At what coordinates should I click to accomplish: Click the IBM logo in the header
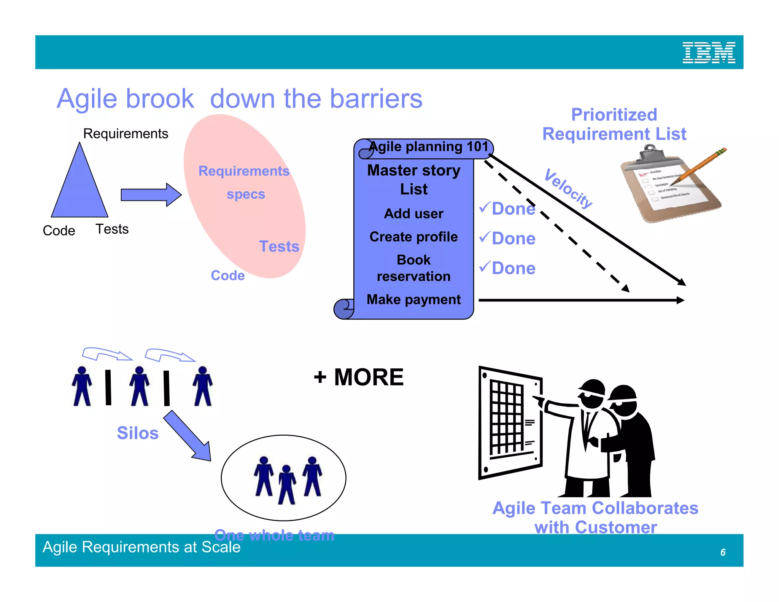point(709,53)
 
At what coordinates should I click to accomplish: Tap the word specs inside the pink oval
point(246,194)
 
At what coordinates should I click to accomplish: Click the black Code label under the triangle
point(59,231)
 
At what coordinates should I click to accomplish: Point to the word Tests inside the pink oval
point(279,246)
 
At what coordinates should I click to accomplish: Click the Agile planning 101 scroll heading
point(428,147)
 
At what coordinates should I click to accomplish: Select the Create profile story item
point(413,237)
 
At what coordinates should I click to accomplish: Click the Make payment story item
point(413,299)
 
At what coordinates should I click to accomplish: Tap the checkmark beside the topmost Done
point(485,207)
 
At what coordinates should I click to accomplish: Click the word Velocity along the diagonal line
point(568,188)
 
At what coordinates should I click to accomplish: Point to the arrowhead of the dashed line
point(625,288)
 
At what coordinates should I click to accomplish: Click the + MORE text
point(358,377)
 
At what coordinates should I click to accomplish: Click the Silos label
point(137,433)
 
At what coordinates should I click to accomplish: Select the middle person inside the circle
point(287,485)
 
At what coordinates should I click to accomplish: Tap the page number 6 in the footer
point(723,552)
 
